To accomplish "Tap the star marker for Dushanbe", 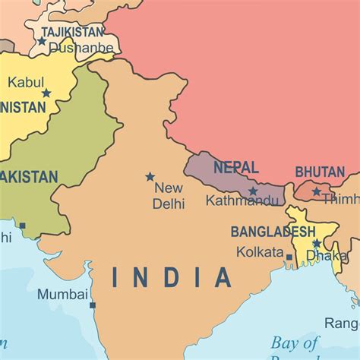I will [x=42, y=41].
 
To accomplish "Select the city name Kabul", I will [x=26, y=81].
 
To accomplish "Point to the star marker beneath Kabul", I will [x=46, y=93].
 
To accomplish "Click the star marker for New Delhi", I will [x=150, y=176].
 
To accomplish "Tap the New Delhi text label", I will [x=169, y=195].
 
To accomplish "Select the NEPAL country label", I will [x=235, y=167].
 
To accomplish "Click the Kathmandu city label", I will [x=242, y=201].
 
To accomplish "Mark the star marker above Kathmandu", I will [x=253, y=191].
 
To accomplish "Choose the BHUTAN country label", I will [x=320, y=172].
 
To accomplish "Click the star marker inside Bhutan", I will [x=316, y=191].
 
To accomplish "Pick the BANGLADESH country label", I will [x=273, y=231].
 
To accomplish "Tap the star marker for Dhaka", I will [x=316, y=244].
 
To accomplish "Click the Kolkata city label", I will [x=260, y=251].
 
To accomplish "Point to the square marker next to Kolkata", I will [x=289, y=257].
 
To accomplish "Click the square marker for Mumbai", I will [x=93, y=305].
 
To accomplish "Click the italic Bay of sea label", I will [x=296, y=342].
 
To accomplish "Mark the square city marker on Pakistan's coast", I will [x=23, y=226].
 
